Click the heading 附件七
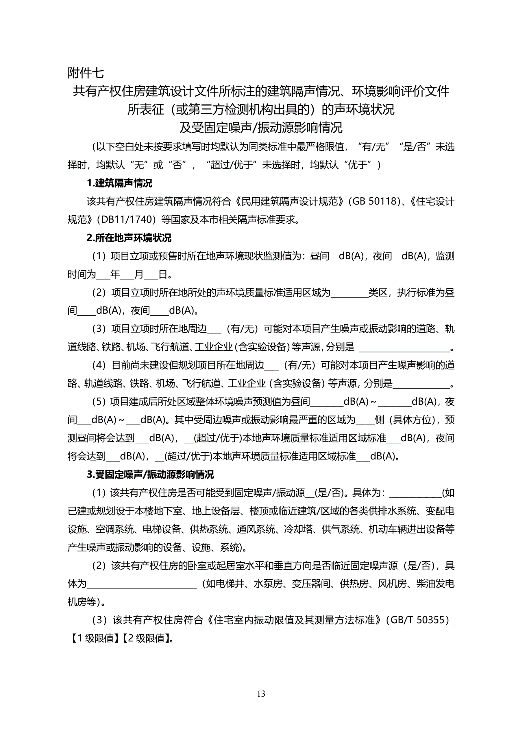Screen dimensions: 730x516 tap(86, 73)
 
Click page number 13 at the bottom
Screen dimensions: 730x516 tap(261, 694)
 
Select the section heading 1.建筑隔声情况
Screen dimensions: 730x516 tap(119, 183)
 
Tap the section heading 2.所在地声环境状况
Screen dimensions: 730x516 tap(129, 238)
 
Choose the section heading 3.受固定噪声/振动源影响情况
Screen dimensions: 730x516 tap(150, 475)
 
